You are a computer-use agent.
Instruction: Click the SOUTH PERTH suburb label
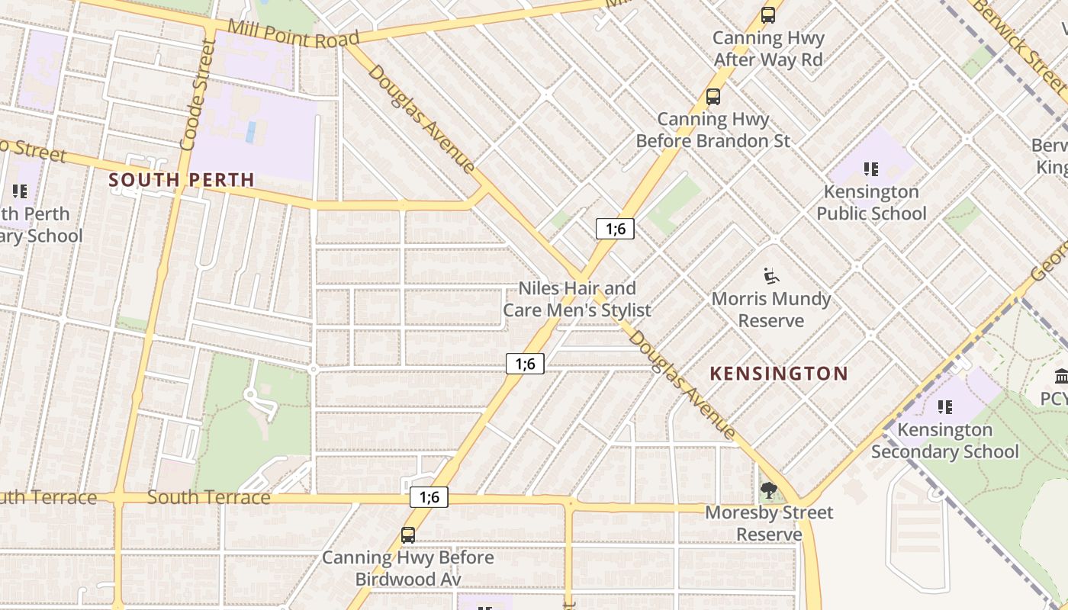pyautogui.click(x=181, y=180)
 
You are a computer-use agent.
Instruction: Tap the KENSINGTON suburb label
pyautogui.click(x=779, y=374)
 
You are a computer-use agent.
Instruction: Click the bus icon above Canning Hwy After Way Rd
pyautogui.click(x=767, y=14)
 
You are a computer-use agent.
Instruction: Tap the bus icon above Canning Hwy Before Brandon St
pyautogui.click(x=713, y=96)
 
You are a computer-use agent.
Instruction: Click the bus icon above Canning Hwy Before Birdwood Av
pyautogui.click(x=408, y=535)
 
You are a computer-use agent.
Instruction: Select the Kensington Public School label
pyautogui.click(x=871, y=203)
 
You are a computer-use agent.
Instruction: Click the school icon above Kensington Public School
pyautogui.click(x=871, y=169)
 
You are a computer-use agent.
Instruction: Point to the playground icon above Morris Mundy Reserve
pyautogui.click(x=770, y=275)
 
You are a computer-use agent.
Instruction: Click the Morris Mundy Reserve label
pyautogui.click(x=770, y=310)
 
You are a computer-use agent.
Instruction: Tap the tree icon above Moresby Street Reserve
pyautogui.click(x=768, y=490)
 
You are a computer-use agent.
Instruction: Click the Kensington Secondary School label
pyautogui.click(x=944, y=441)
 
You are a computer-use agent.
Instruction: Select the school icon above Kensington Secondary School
pyautogui.click(x=944, y=406)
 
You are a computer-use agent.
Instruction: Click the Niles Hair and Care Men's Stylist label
pyautogui.click(x=577, y=299)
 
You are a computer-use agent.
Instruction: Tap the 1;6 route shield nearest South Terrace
pyautogui.click(x=429, y=497)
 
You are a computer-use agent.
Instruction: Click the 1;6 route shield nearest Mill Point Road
pyautogui.click(x=615, y=228)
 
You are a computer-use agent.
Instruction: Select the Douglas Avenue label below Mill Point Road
pyautogui.click(x=422, y=118)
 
